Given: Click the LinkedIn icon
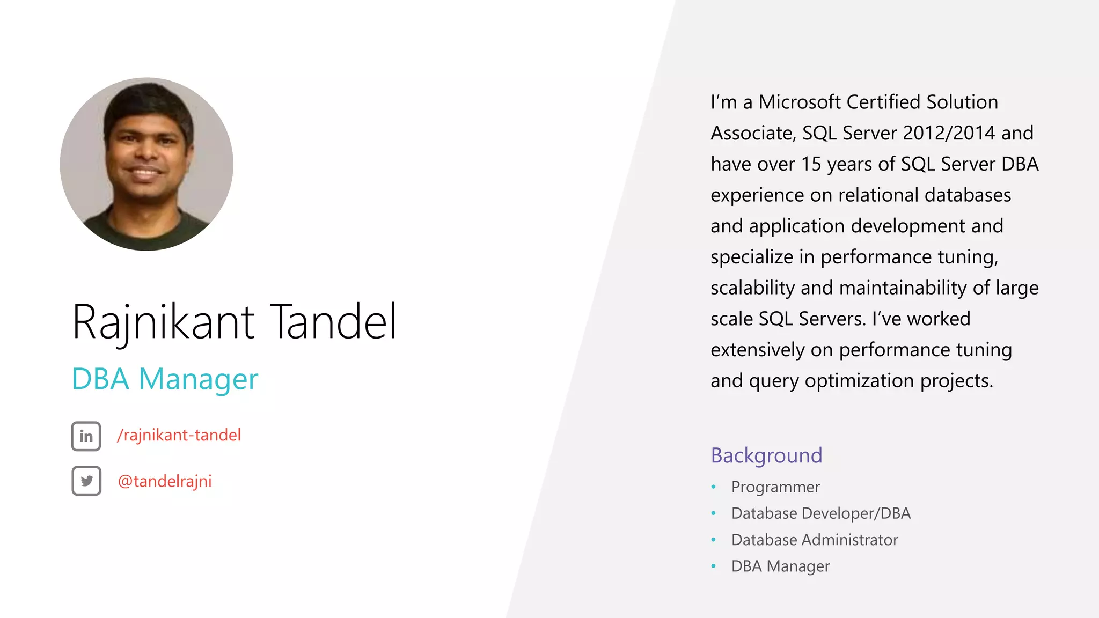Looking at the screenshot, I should coord(86,436).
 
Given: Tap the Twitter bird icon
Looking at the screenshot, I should coord(86,481).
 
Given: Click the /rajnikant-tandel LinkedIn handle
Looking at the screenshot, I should coord(179,435).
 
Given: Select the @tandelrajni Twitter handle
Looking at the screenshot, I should coord(165,481).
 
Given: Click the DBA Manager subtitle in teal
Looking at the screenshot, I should coord(165,379).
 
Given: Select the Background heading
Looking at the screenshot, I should coord(766,455).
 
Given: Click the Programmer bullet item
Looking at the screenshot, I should coord(775,487).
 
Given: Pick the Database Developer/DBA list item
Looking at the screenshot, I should coord(821,513).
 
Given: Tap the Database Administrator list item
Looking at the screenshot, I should coord(815,540).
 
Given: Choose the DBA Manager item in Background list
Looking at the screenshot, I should coord(780,566).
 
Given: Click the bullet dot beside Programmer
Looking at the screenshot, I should coord(713,487).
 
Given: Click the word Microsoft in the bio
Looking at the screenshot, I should coord(800,102).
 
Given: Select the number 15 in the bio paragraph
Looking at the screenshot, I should coord(811,164).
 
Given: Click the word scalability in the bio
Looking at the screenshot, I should coord(752,288).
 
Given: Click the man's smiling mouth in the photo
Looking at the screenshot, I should coord(145,173).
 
